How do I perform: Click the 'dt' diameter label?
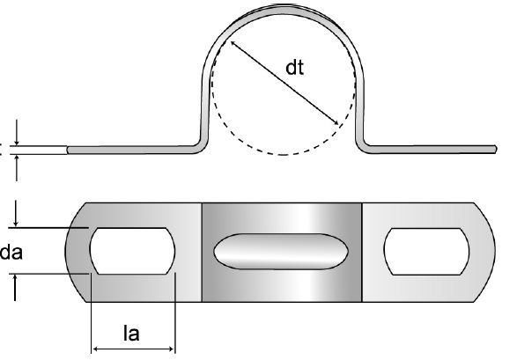[x=294, y=68]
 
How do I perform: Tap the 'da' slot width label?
[x=11, y=253]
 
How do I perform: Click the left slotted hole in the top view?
[x=132, y=251]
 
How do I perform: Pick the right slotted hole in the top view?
[x=426, y=252]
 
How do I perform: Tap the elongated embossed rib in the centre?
[x=281, y=252]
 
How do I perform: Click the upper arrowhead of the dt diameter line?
[x=233, y=42]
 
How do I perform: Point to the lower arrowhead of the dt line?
[x=336, y=123]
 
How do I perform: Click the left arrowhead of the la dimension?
[x=94, y=349]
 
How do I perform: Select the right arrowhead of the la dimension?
[x=172, y=349]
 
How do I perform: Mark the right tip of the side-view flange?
[x=496, y=149]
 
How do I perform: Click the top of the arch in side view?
[x=283, y=9]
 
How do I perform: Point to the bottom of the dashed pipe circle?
[x=283, y=154]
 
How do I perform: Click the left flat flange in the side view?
[x=132, y=150]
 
